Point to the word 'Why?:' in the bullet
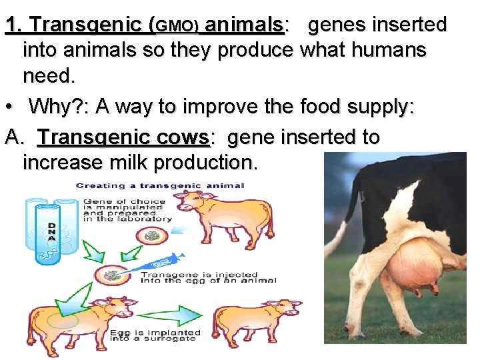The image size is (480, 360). click(61, 107)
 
